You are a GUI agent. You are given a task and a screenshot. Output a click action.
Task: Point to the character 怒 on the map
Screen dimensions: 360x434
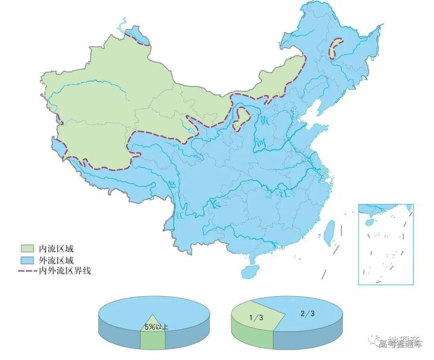coord(174,186)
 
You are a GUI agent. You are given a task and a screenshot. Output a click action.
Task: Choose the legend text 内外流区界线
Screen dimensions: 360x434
coord(65,271)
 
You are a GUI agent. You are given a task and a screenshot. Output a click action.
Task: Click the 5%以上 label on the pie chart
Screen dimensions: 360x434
coord(156,327)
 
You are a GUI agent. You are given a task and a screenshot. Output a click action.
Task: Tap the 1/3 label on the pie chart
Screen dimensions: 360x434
coord(256,317)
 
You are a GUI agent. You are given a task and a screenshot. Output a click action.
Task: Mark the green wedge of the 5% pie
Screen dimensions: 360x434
coord(153,340)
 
